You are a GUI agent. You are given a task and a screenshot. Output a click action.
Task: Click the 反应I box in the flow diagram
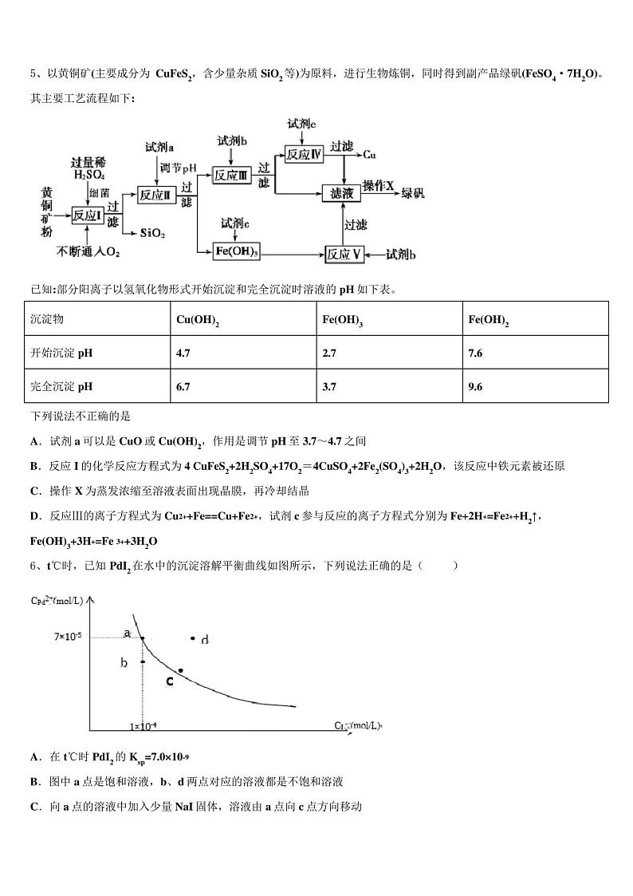(x=88, y=215)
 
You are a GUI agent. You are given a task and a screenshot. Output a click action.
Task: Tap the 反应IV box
(x=304, y=154)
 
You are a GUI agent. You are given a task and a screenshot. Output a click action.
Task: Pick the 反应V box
(x=344, y=254)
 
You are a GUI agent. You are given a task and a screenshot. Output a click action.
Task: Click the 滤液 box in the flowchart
(x=341, y=193)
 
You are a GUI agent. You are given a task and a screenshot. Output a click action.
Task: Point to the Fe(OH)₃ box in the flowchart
(x=237, y=252)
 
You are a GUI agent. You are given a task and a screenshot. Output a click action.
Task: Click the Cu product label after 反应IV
(x=369, y=154)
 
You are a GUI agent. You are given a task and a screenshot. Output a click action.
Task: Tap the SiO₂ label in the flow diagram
(x=152, y=233)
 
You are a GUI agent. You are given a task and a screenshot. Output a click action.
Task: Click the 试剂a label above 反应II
(x=159, y=148)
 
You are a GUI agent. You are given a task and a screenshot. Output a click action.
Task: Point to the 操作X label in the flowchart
(x=379, y=185)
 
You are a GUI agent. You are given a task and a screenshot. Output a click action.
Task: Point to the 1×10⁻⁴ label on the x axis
(x=144, y=727)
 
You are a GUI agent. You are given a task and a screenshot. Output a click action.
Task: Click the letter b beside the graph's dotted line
(x=124, y=662)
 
